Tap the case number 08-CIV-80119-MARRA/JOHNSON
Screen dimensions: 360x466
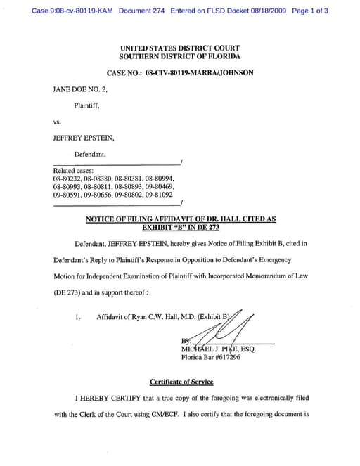click(180, 72)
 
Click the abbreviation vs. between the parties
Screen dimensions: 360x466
click(58, 122)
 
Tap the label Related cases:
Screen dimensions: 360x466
click(74, 171)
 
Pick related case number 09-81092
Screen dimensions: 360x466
click(157, 196)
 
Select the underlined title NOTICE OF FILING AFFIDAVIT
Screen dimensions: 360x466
click(180, 219)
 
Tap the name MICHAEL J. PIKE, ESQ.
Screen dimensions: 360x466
click(219, 349)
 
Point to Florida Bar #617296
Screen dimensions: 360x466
click(211, 357)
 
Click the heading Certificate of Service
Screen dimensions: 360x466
click(180, 382)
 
